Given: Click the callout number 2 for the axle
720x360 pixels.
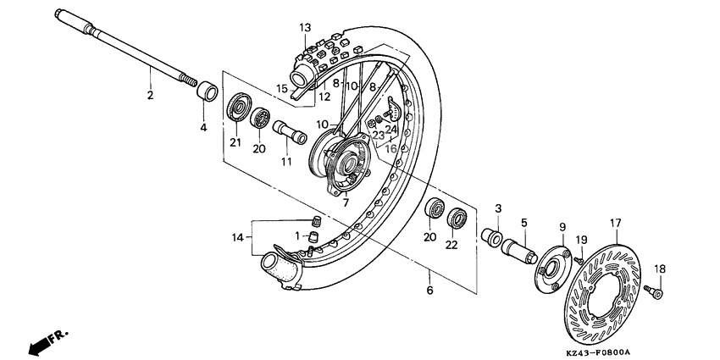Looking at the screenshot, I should click(151, 95).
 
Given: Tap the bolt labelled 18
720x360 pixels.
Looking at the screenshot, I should click(654, 291).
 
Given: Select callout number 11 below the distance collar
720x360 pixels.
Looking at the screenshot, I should click(286, 161).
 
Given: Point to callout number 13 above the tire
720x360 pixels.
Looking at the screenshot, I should click(305, 28).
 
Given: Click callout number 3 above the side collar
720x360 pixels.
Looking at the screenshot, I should click(499, 208).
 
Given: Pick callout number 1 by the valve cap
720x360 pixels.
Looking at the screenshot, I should click(297, 235).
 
